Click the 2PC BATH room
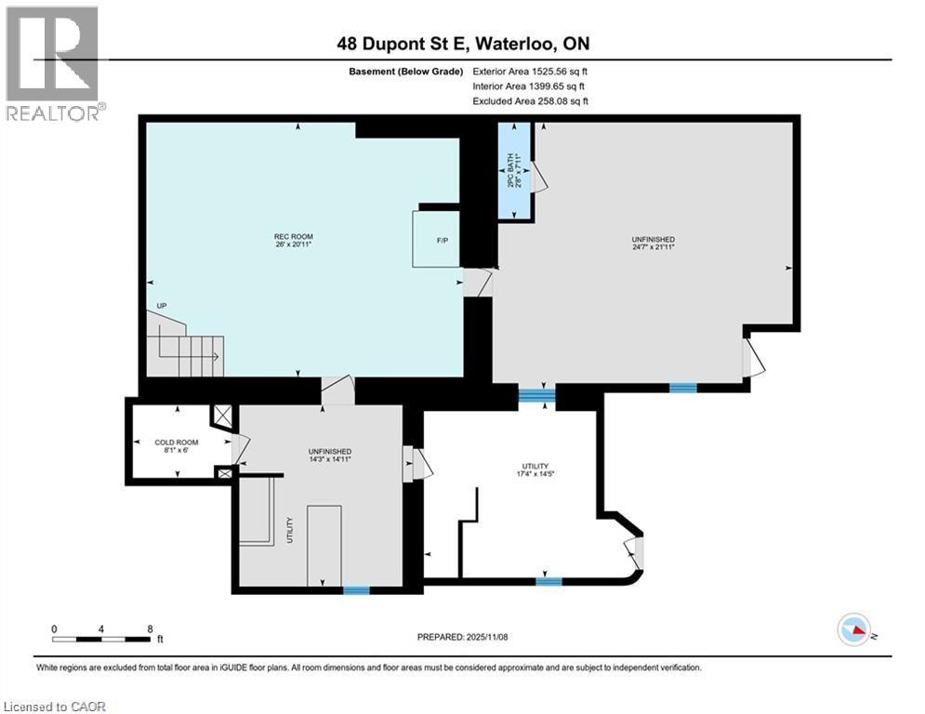coord(514,172)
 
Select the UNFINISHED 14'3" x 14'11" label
coord(329,455)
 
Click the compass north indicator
coord(855,631)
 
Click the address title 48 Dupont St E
coord(462,44)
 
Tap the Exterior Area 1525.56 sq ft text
coord(530,71)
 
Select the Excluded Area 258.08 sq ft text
coord(530,100)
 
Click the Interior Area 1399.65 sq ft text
coord(530,86)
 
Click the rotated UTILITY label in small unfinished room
coord(290,529)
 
